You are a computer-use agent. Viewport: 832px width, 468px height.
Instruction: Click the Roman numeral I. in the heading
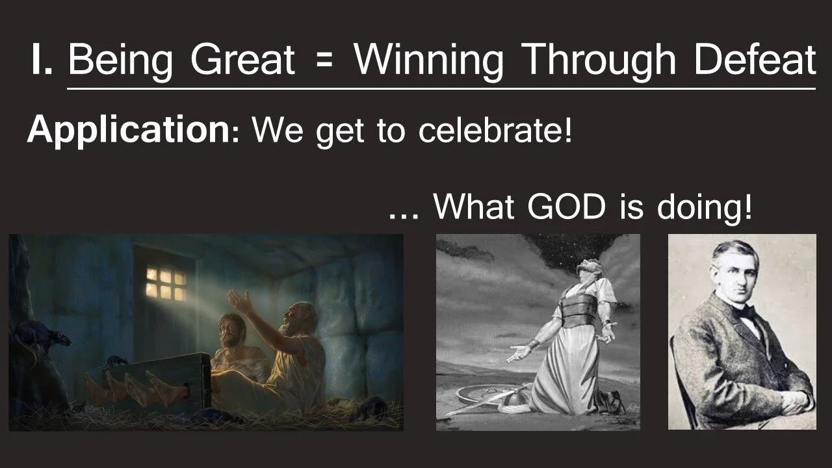coord(42,60)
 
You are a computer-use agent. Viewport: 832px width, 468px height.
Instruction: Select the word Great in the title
coord(242,60)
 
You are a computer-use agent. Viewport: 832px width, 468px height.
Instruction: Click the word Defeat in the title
coord(754,60)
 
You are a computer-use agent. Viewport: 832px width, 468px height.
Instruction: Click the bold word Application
coord(125,131)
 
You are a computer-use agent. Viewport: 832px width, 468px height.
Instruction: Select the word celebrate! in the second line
coord(495,131)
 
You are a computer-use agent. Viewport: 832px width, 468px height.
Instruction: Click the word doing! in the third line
coord(704,207)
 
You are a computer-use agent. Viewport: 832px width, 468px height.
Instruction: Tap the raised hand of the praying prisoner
coord(239,301)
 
